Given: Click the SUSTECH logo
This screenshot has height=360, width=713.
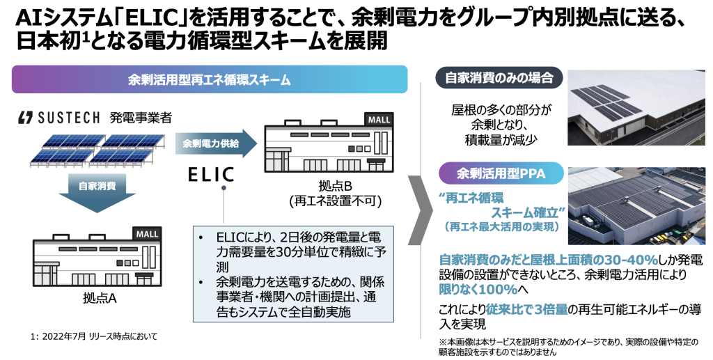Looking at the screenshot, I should (x=59, y=118).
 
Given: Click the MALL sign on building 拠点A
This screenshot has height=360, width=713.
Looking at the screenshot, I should (x=148, y=233).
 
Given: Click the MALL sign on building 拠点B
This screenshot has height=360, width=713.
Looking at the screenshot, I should (x=379, y=119).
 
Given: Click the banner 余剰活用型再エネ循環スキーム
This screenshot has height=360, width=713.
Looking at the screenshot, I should (x=209, y=79).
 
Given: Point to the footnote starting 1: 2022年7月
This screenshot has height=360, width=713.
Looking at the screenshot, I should (x=94, y=336).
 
